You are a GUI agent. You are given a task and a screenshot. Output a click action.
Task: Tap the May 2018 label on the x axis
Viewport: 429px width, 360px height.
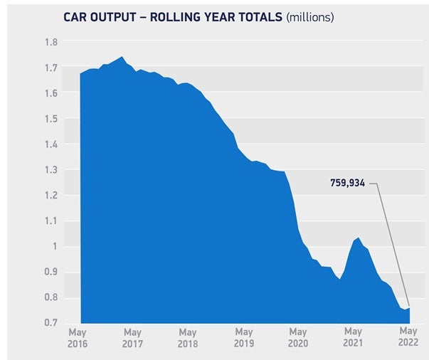tap(188, 337)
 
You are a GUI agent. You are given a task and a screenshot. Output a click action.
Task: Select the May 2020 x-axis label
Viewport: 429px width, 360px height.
tap(298, 337)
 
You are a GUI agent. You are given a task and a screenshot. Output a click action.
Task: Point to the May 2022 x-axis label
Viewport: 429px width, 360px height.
tap(408, 337)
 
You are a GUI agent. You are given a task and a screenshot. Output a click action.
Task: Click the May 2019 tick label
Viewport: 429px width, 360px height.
tap(243, 337)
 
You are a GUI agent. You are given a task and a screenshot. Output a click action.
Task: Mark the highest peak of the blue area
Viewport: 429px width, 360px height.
tap(122, 57)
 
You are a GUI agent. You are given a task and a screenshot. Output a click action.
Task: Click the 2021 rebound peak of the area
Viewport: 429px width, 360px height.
tap(358, 238)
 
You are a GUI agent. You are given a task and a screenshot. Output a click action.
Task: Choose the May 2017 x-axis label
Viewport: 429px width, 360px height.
tap(132, 337)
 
